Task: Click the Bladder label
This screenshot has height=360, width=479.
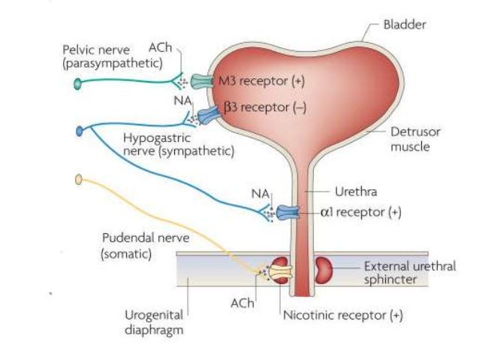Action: [405, 25]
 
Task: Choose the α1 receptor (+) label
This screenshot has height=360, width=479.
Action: [360, 213]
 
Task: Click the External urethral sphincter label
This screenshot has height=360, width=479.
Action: [409, 273]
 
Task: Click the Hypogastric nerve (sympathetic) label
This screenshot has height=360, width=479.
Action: [178, 144]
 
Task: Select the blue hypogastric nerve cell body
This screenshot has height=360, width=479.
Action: [80, 133]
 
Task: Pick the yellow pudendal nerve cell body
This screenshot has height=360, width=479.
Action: [79, 180]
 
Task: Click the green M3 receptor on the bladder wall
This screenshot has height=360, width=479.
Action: [203, 80]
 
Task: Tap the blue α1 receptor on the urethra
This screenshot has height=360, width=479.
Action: [288, 213]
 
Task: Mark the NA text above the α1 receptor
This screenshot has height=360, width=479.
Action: [261, 195]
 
